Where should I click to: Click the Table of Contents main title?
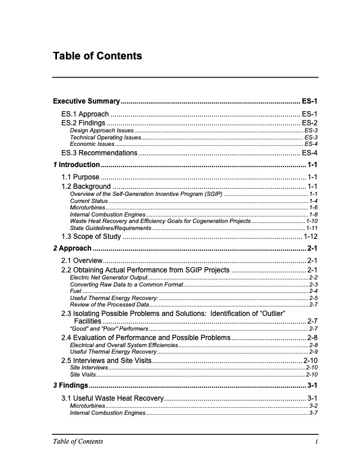[97, 56]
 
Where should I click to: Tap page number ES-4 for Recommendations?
[309, 153]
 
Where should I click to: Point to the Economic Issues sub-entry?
[92, 144]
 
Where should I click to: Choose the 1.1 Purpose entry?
[81, 177]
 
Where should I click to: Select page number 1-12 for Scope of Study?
[311, 237]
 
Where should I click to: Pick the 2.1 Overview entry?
[82, 260]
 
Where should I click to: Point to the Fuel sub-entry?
[76, 291]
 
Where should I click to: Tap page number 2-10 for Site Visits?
[312, 374]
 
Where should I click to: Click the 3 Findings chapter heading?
[71, 385]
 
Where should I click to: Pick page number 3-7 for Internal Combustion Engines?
[314, 413]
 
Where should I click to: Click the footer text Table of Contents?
[78, 442]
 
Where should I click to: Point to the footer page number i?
[316, 442]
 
